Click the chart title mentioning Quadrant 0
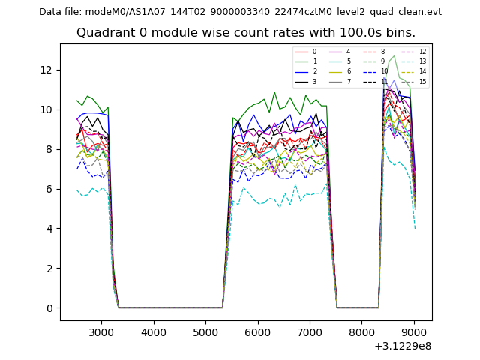(x=245, y=33)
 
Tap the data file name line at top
(x=240, y=12)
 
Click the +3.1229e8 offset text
(x=403, y=346)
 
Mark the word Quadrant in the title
(x=104, y=33)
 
